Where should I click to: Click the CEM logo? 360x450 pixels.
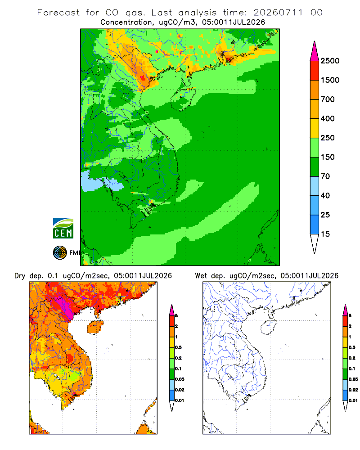(63, 229)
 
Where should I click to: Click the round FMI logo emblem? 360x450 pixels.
(60, 253)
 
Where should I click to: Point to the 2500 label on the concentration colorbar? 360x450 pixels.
(330, 61)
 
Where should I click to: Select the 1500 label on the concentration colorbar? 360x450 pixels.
(330, 80)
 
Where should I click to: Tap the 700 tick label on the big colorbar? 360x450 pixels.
(328, 99)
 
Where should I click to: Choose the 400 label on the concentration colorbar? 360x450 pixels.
(328, 118)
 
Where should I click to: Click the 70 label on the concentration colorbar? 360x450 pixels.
(325, 176)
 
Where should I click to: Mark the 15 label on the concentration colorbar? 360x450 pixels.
(325, 234)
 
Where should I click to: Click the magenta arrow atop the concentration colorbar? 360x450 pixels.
(315, 52)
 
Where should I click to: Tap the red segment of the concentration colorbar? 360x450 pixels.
(315, 71)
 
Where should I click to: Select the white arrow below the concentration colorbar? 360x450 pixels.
(315, 243)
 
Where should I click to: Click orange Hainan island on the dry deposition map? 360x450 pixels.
(95, 327)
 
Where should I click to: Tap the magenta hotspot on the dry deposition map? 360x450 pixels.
(65, 307)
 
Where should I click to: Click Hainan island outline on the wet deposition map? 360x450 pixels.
(269, 327)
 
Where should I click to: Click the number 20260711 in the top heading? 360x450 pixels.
(278, 13)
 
